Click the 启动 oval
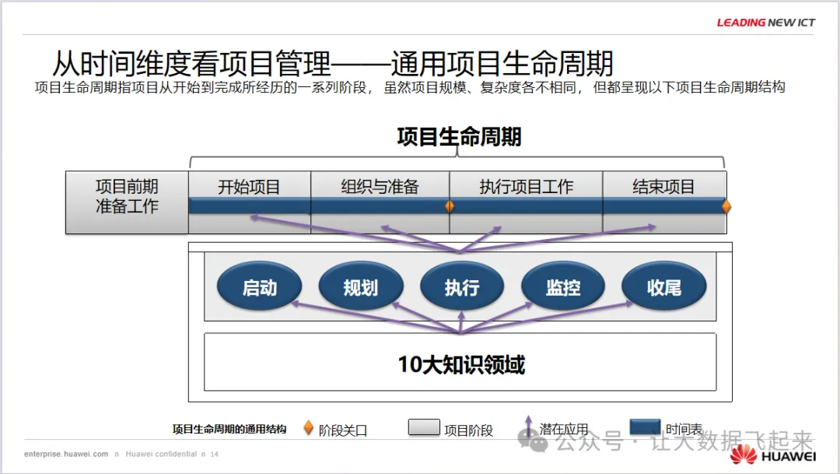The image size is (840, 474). click(x=259, y=287)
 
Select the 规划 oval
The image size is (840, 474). click(x=360, y=287)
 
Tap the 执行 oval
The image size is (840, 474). click(x=461, y=287)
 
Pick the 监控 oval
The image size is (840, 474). click(x=562, y=287)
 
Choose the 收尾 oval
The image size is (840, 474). click(x=663, y=287)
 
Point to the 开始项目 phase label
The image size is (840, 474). click(x=249, y=187)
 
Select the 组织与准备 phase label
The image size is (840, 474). click(x=380, y=187)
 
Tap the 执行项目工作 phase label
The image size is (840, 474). click(x=526, y=187)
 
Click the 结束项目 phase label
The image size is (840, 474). click(x=663, y=187)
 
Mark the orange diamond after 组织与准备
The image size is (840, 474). click(x=450, y=206)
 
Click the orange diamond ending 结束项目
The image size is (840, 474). click(x=726, y=206)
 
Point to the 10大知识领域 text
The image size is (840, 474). click(x=461, y=363)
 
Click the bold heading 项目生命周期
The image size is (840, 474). click(x=459, y=137)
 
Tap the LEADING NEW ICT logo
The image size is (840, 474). click(x=765, y=23)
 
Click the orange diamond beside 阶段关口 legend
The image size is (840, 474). click(x=308, y=428)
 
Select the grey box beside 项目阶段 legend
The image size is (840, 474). click(x=424, y=428)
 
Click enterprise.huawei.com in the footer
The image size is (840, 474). click(x=66, y=454)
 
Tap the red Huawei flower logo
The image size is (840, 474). click(x=743, y=455)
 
